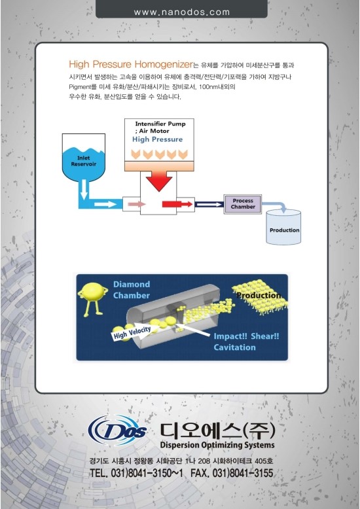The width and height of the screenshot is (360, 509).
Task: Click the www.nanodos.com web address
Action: click(x=181, y=12)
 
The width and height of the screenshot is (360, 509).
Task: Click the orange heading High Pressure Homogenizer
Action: click(x=131, y=64)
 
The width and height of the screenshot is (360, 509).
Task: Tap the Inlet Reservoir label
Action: click(x=84, y=161)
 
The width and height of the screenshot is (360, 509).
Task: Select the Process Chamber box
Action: click(x=243, y=204)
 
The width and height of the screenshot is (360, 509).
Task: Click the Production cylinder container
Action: click(x=283, y=227)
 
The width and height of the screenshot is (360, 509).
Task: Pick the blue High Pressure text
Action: click(x=157, y=139)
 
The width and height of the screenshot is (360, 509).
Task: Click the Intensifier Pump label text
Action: click(x=160, y=124)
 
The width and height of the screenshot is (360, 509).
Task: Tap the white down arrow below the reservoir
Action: click(x=84, y=190)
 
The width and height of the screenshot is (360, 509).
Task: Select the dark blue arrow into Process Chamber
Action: click(x=209, y=204)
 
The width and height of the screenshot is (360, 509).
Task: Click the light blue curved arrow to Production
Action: click(x=275, y=207)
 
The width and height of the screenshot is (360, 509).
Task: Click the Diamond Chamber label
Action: click(x=132, y=290)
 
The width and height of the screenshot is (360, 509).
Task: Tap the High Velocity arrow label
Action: click(x=132, y=332)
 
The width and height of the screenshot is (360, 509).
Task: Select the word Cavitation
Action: click(x=234, y=347)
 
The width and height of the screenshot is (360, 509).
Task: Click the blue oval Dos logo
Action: click(x=117, y=430)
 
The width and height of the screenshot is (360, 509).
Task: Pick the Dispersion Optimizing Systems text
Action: click(x=217, y=445)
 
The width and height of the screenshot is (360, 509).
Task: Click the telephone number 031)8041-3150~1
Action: click(x=147, y=473)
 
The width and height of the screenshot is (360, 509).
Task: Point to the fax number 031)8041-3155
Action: click(x=242, y=473)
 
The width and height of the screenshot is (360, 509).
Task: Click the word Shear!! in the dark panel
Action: click(x=265, y=336)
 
